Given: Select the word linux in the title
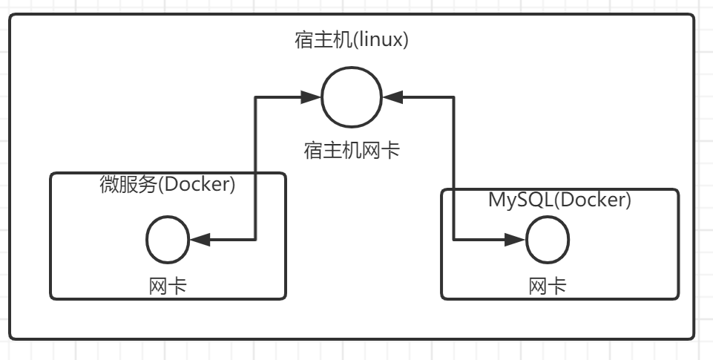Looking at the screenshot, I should click(378, 40).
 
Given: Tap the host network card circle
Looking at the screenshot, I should click(352, 96).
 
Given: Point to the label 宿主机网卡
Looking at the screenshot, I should click(352, 151).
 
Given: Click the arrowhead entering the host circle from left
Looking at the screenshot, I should click(311, 96).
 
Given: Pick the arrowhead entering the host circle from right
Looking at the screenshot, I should click(392, 96).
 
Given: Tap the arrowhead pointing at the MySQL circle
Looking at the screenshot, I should click(515, 240).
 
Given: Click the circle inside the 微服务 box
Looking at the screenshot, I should click(168, 240).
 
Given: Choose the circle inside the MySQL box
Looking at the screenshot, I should click(548, 240).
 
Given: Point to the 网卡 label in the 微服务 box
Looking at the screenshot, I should click(168, 285).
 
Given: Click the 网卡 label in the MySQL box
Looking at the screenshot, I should click(548, 286).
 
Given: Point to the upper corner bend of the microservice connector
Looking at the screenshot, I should click(256, 96).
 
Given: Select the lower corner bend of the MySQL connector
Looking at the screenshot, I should click(453, 240).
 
